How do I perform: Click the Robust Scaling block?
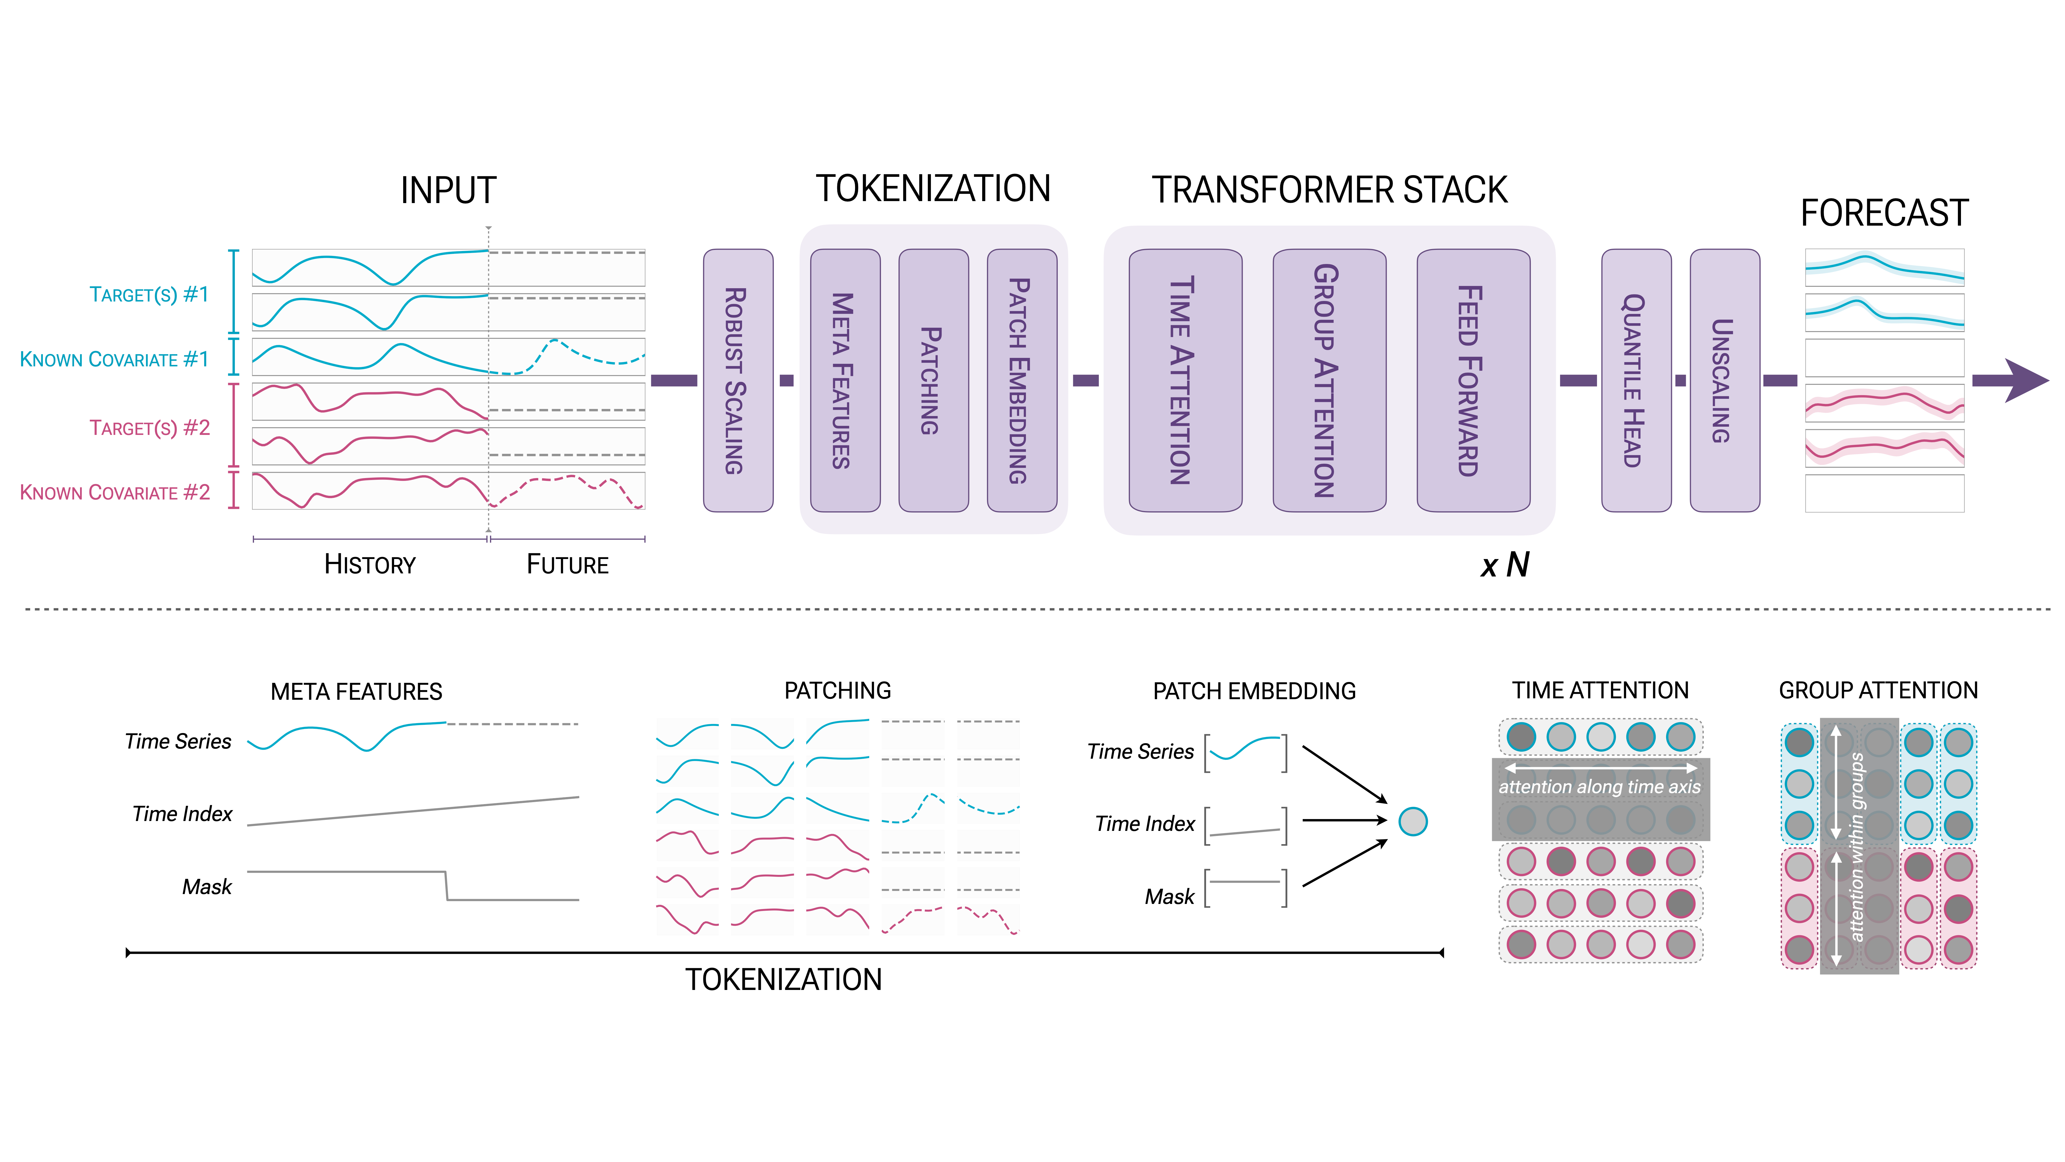coord(737,380)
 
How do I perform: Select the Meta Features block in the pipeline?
coord(845,380)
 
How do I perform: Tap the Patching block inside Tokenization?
coord(933,380)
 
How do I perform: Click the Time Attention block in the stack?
coord(1185,380)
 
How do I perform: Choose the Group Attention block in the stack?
coord(1329,380)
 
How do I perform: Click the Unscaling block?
coord(1724,380)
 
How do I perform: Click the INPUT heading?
coord(448,191)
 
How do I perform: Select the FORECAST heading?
coord(1884,213)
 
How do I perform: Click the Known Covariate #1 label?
coord(114,359)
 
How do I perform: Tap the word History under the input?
coord(370,565)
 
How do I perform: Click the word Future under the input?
coord(567,565)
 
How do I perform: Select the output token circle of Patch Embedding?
coord(1412,821)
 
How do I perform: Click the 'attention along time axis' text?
coord(1599,787)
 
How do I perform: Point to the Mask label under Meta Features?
coord(207,887)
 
